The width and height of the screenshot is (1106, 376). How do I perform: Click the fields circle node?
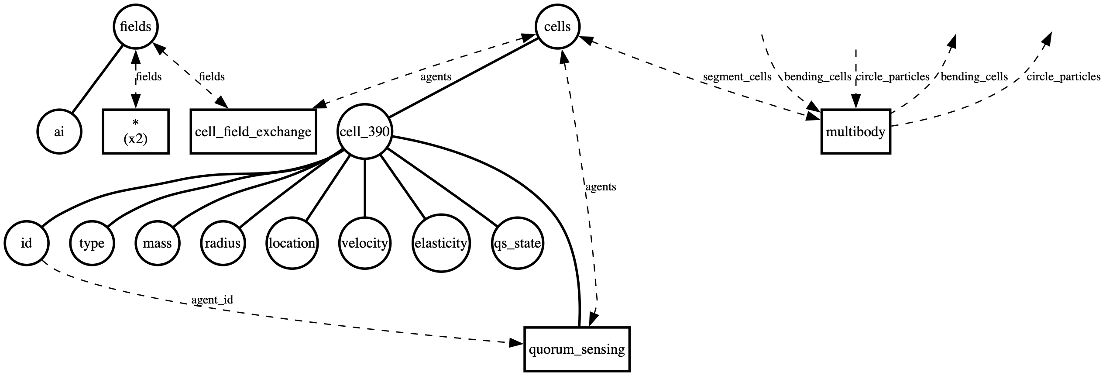click(x=135, y=27)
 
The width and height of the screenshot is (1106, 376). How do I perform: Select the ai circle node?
click(x=59, y=132)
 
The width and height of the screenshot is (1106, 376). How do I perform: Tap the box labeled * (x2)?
click(x=135, y=132)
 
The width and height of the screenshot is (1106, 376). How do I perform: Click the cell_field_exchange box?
click(x=253, y=132)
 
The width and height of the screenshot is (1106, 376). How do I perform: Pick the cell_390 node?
click(x=364, y=132)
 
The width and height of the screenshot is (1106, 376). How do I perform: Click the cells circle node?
click(x=557, y=27)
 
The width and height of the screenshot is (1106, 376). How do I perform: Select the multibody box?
click(x=855, y=132)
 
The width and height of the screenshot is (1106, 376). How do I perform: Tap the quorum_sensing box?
click(x=577, y=349)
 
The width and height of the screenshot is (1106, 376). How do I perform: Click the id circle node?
click(x=27, y=243)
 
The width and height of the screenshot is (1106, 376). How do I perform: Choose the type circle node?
click(x=92, y=243)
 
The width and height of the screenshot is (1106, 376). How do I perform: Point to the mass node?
click(x=157, y=243)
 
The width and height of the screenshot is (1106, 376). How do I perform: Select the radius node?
click(x=223, y=243)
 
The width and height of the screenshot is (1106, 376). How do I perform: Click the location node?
click(x=292, y=243)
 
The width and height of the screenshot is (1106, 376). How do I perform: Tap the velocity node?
click(x=364, y=243)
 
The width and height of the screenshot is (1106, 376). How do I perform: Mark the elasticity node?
click(x=441, y=243)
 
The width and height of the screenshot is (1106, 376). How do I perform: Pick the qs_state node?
click(x=517, y=243)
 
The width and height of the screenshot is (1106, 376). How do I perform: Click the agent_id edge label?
click(x=212, y=300)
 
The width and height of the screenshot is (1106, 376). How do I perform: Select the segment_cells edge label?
click(x=737, y=77)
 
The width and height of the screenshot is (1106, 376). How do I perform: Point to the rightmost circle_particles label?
click(x=1063, y=77)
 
